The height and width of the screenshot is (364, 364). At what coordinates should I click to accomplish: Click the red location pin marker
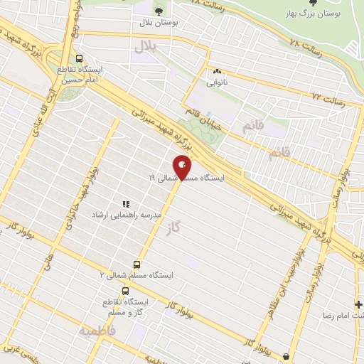tap(183, 166)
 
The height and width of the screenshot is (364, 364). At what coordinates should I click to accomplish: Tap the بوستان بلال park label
tap(159, 23)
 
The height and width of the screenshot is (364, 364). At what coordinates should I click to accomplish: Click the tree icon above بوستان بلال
tap(159, 11)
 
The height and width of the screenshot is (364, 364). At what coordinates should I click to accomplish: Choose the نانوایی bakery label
tap(219, 82)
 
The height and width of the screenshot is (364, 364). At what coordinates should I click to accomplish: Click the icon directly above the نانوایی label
tap(216, 71)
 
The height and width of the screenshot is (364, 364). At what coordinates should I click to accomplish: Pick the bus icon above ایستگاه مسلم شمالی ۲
tap(137, 264)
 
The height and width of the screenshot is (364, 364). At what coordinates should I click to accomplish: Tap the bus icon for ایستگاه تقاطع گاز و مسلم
tap(126, 291)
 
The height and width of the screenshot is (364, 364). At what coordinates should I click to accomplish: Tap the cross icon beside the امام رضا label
tap(358, 304)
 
